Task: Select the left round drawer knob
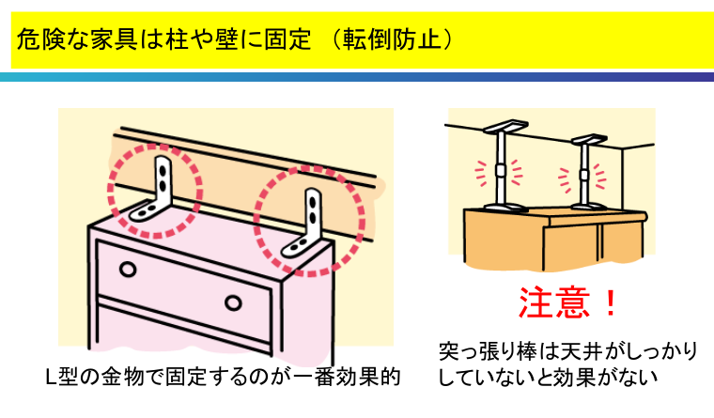coord(128,269)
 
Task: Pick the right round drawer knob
coord(233,302)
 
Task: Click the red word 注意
coord(554,302)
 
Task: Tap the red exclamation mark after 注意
coord(610,303)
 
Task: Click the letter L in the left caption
coord(52,377)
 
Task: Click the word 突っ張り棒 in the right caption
coord(490,352)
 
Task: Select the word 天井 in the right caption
coord(579,352)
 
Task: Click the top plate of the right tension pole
coord(589,139)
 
